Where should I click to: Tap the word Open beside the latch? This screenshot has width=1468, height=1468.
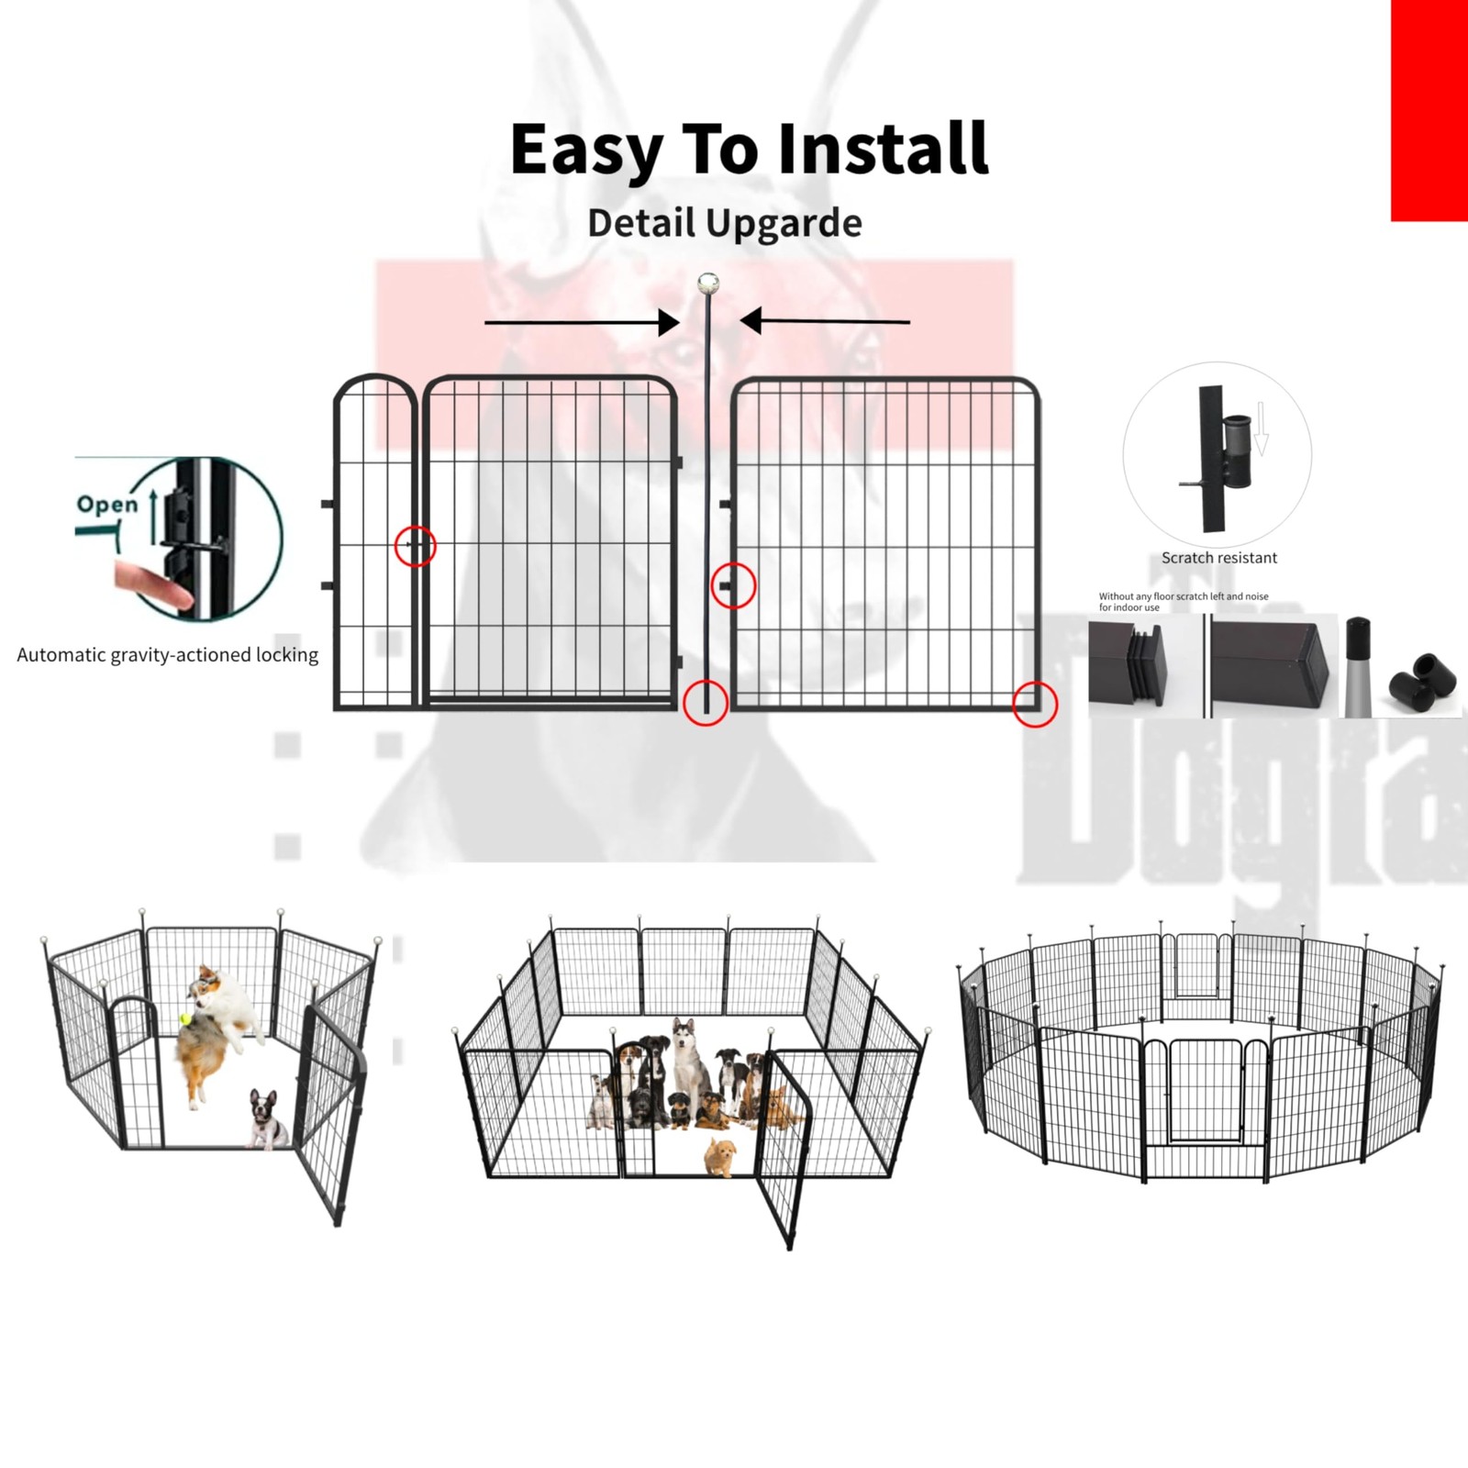pos(107,504)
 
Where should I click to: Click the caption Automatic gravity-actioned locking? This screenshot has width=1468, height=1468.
pos(168,655)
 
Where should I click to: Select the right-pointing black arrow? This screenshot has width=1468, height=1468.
pos(582,322)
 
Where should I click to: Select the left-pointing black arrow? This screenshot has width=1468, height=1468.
pos(825,321)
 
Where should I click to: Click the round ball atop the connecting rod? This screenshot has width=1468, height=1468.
pos(707,283)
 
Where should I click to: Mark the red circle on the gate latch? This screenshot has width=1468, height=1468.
pos(415,546)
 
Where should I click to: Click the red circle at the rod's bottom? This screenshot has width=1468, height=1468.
pos(706,704)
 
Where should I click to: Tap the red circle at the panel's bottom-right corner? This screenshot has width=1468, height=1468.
pos(1035,705)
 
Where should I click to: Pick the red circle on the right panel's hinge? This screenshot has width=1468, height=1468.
pos(733,585)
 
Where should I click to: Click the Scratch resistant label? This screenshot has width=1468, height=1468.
pos(1218,558)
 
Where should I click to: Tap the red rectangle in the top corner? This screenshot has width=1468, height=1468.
pos(1429,110)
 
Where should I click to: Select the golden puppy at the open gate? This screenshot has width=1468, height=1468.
pos(721,1155)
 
